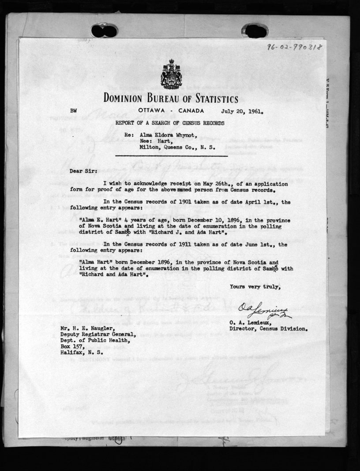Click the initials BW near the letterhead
point(73,112)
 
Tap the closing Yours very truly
point(255,287)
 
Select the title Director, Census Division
point(269,329)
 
